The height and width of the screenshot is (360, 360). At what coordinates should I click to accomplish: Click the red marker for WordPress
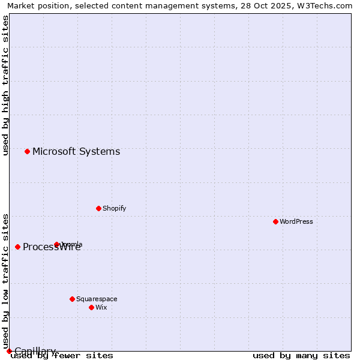(x=275, y=221)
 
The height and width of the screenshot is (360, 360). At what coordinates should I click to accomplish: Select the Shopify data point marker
(x=98, y=208)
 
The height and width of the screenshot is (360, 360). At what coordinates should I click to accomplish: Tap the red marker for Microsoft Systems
(x=27, y=151)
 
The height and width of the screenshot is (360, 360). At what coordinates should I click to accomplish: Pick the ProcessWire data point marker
(x=17, y=247)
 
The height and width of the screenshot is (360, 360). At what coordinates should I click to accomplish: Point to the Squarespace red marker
(x=72, y=299)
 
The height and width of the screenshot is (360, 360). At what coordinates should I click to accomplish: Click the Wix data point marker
(x=91, y=307)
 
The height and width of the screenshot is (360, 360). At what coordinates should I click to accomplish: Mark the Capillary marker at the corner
(x=9, y=351)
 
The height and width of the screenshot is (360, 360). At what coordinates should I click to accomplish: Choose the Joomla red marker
(x=56, y=244)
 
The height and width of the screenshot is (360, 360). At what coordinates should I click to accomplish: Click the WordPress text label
(x=296, y=221)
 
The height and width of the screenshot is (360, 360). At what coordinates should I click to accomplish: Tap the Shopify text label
(x=115, y=208)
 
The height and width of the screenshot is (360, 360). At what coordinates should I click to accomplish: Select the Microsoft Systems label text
(x=76, y=151)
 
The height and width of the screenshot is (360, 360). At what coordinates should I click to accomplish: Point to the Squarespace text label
(x=97, y=299)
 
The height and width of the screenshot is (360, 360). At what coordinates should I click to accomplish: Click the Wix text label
(x=101, y=307)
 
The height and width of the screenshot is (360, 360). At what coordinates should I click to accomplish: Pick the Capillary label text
(x=35, y=351)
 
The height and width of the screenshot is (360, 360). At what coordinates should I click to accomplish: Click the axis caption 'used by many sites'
(x=301, y=355)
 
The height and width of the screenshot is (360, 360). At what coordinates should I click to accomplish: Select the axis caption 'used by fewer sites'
(x=62, y=355)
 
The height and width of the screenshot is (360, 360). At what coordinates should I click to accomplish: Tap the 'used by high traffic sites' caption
(x=5, y=85)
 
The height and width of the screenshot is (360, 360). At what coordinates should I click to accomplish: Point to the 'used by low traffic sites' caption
(x=5, y=280)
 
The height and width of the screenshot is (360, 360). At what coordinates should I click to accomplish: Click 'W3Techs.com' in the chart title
(x=327, y=5)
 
